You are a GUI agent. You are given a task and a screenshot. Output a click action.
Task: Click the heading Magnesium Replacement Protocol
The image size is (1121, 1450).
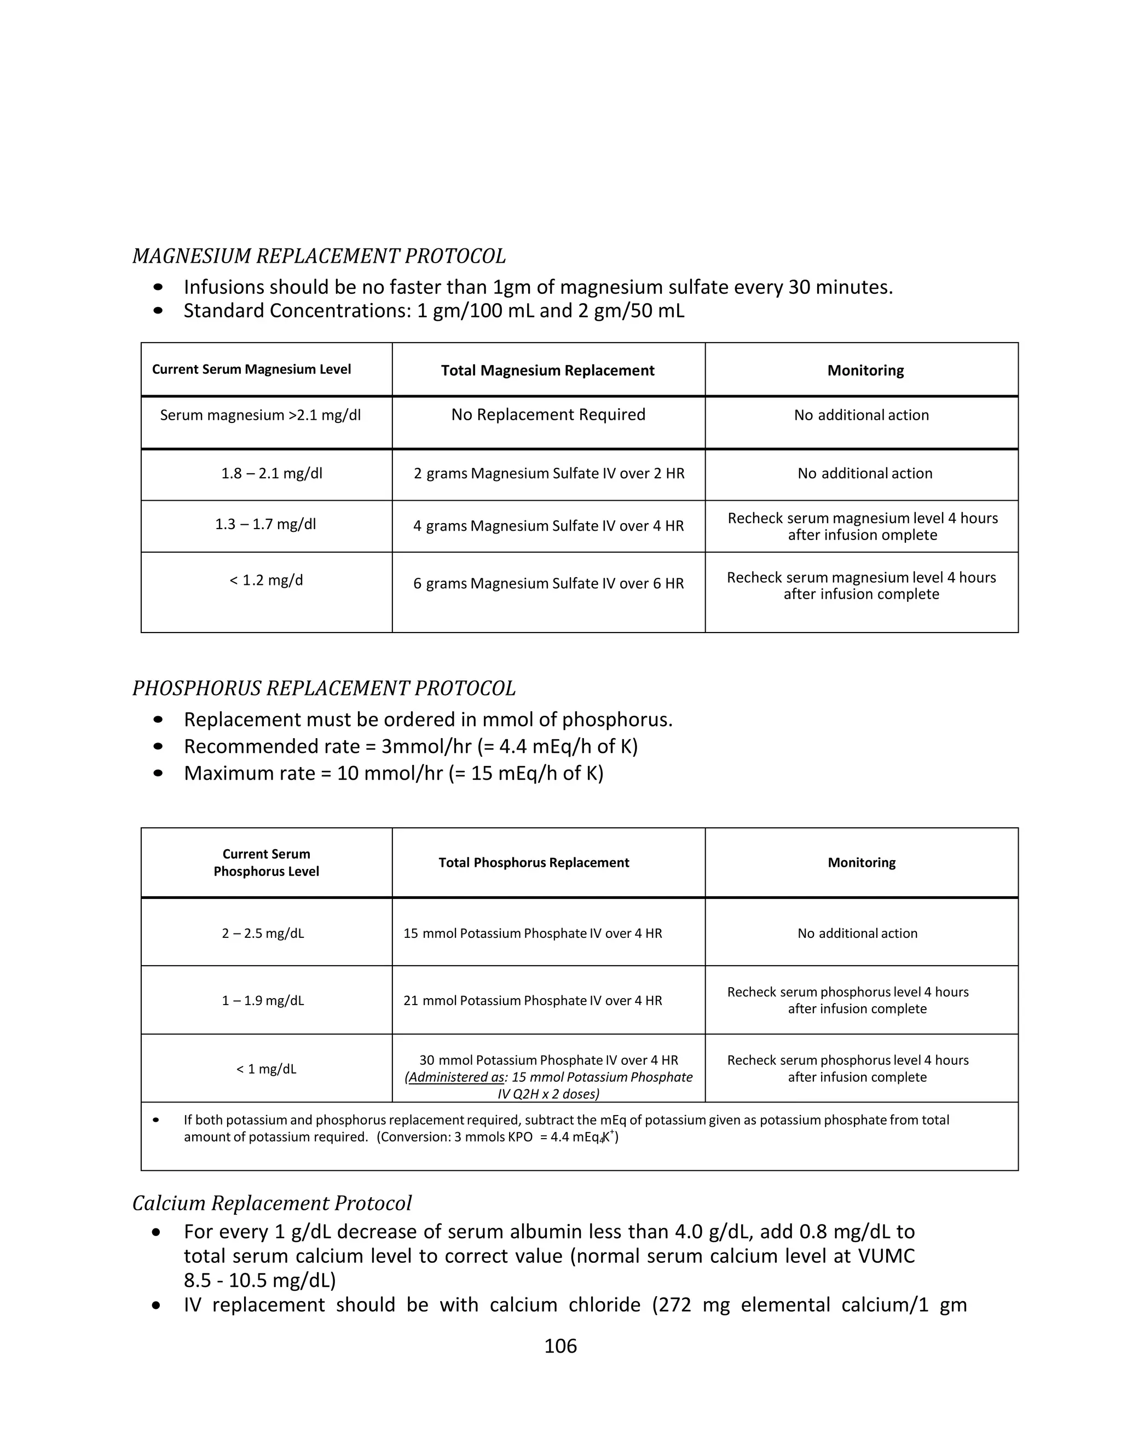(319, 256)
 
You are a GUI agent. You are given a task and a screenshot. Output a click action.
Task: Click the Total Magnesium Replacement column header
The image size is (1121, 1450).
(547, 370)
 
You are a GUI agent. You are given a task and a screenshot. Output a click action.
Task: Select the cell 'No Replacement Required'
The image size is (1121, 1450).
(548, 415)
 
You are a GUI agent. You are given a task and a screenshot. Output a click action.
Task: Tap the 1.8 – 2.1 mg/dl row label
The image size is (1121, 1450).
(271, 473)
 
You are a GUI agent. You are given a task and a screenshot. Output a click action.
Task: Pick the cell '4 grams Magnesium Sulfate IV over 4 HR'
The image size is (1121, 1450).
(548, 526)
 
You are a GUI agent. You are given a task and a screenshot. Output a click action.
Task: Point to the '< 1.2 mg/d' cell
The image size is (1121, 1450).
(267, 580)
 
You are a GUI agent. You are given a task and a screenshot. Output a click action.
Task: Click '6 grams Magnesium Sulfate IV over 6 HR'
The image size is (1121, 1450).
(548, 584)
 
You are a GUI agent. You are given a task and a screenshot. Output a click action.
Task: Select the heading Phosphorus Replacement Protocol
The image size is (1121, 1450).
(324, 688)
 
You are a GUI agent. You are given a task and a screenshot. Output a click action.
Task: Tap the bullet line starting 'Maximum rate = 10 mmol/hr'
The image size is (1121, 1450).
(393, 774)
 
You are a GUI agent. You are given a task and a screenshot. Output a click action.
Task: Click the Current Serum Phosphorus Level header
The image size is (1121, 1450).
(267, 862)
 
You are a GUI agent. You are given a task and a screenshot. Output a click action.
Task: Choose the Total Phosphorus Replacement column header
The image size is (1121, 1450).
(533, 862)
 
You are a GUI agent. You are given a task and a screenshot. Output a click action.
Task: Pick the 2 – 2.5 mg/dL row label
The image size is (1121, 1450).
(263, 933)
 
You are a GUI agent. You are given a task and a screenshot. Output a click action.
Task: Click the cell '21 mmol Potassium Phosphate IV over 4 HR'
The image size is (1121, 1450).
(533, 1001)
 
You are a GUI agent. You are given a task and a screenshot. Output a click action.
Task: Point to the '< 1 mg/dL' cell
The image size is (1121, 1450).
(267, 1069)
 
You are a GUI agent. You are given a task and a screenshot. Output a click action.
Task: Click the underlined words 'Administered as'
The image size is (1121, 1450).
(455, 1077)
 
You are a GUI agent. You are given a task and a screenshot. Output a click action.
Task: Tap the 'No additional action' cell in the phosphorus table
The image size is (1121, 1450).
(857, 933)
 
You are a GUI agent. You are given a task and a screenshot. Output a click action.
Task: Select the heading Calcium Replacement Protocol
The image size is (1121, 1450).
(271, 1203)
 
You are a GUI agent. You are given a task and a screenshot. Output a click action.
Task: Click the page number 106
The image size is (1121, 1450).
(560, 1346)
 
